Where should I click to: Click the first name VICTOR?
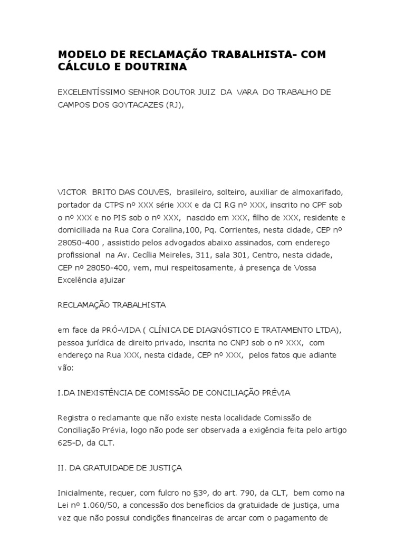[72, 192]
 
